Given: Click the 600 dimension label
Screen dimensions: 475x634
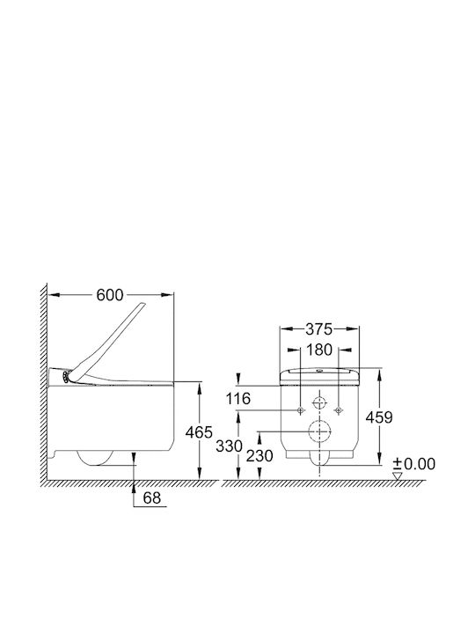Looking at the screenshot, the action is [109, 295].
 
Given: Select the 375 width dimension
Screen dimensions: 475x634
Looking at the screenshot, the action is [318, 329].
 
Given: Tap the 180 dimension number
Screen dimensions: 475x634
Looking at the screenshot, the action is [319, 350].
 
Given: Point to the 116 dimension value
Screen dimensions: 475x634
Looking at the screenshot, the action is [237, 399].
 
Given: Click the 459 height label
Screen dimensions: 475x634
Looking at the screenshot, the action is [379, 417].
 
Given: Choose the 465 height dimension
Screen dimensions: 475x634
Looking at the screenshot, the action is [199, 432].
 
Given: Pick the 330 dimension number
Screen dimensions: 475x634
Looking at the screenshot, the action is [229, 446].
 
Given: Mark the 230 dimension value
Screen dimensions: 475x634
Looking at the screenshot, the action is [259, 456].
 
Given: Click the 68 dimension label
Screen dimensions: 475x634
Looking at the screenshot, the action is [152, 498].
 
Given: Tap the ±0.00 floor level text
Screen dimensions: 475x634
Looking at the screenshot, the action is [414, 464].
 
